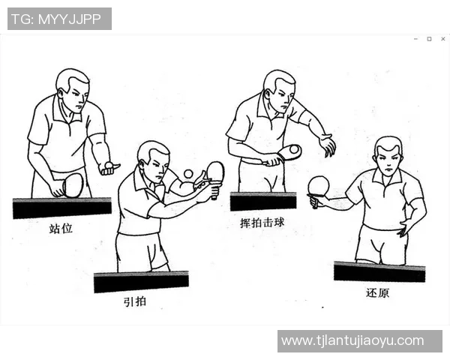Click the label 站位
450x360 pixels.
[x=61, y=228]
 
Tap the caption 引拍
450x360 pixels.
[x=136, y=302]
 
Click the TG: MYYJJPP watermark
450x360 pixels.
[x=59, y=19]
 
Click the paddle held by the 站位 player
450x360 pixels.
[x=72, y=184]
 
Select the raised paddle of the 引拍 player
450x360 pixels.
[x=215, y=172]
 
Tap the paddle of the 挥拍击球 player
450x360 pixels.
[x=289, y=152]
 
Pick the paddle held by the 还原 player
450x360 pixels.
[x=319, y=186]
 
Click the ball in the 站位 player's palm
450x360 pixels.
[x=109, y=164]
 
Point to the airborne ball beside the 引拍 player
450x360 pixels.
[x=188, y=174]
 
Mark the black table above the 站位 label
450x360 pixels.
[x=61, y=208]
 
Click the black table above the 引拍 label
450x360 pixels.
[x=140, y=281]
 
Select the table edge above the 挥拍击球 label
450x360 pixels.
[x=262, y=201]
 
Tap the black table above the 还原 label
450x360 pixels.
[x=379, y=271]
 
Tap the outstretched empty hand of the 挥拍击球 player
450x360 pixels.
[x=327, y=145]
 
